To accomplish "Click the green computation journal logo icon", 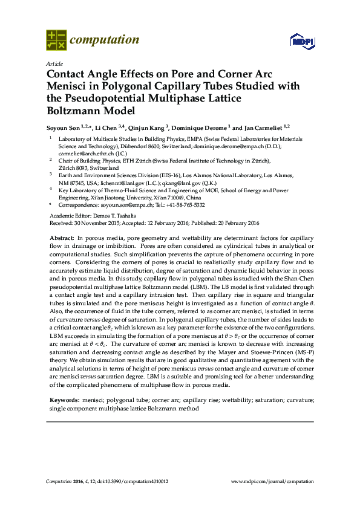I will [56, 41].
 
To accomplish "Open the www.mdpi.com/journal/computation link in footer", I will [273, 481].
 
